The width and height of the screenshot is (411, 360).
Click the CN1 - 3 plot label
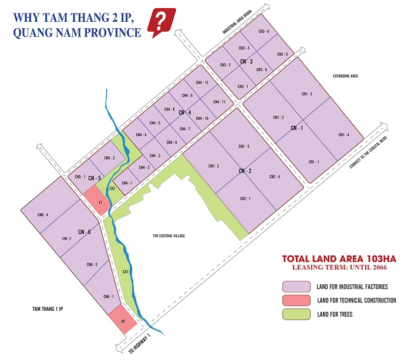tap(306, 94)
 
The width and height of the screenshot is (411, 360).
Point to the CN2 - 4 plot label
tap(274, 177)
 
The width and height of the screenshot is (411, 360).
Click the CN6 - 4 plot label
tap(42, 214)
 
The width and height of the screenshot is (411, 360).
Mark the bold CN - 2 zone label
tap(245, 171)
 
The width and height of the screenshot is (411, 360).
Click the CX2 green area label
tap(112, 189)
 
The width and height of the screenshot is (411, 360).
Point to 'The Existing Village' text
tap(169, 235)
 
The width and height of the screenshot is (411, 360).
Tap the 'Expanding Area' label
tap(345, 76)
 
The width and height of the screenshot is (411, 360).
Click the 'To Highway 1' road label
tap(140, 345)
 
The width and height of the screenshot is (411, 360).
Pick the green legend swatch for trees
tap(295, 314)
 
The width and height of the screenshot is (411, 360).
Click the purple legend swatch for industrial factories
tap(295, 286)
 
